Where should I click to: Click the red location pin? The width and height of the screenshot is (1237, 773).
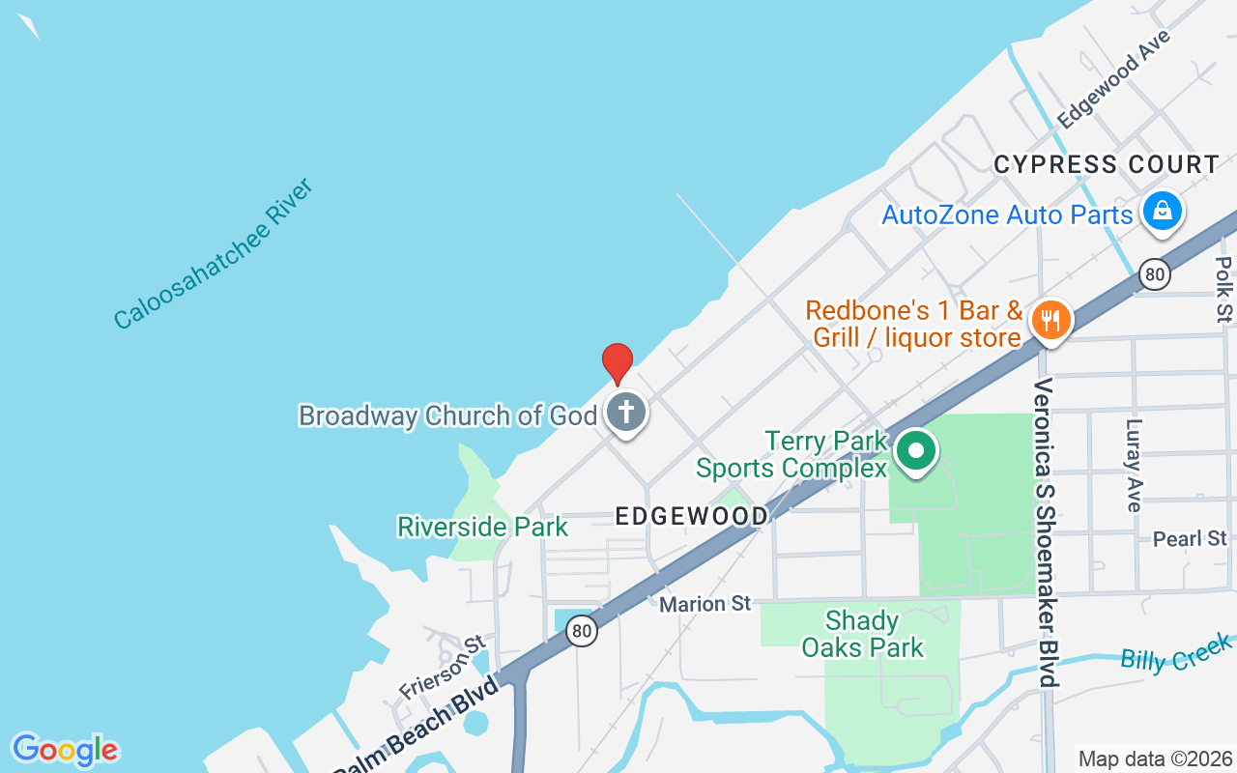tap(618, 363)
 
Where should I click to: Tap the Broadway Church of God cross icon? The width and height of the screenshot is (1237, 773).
tap(626, 413)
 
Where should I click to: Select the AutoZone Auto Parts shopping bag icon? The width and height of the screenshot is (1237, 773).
tap(1162, 211)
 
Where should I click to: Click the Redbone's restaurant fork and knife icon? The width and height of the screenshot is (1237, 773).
tap(1050, 320)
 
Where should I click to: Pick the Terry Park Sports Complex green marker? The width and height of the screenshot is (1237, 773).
tap(916, 451)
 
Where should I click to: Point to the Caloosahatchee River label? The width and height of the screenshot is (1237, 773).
tap(214, 253)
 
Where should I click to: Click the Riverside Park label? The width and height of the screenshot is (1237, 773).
tap(483, 527)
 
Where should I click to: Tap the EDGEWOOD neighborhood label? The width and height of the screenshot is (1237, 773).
tap(692, 516)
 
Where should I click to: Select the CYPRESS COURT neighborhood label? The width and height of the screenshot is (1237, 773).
tap(1107, 165)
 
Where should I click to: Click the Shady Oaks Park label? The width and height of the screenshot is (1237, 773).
tap(863, 634)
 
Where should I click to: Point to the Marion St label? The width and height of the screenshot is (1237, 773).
tap(705, 604)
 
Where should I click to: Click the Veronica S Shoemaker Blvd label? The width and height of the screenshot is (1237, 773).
tap(1045, 531)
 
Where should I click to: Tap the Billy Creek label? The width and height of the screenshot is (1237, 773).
tap(1176, 653)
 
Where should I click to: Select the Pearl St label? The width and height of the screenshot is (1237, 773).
tap(1190, 538)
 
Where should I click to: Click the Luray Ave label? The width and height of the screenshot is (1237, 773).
tap(1134, 464)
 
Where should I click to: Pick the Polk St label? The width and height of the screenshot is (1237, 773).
tap(1224, 287)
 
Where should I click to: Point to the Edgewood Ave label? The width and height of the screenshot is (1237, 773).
tap(1113, 79)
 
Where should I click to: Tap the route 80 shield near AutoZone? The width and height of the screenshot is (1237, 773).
tap(1154, 274)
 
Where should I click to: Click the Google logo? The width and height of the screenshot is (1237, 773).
tap(65, 750)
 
